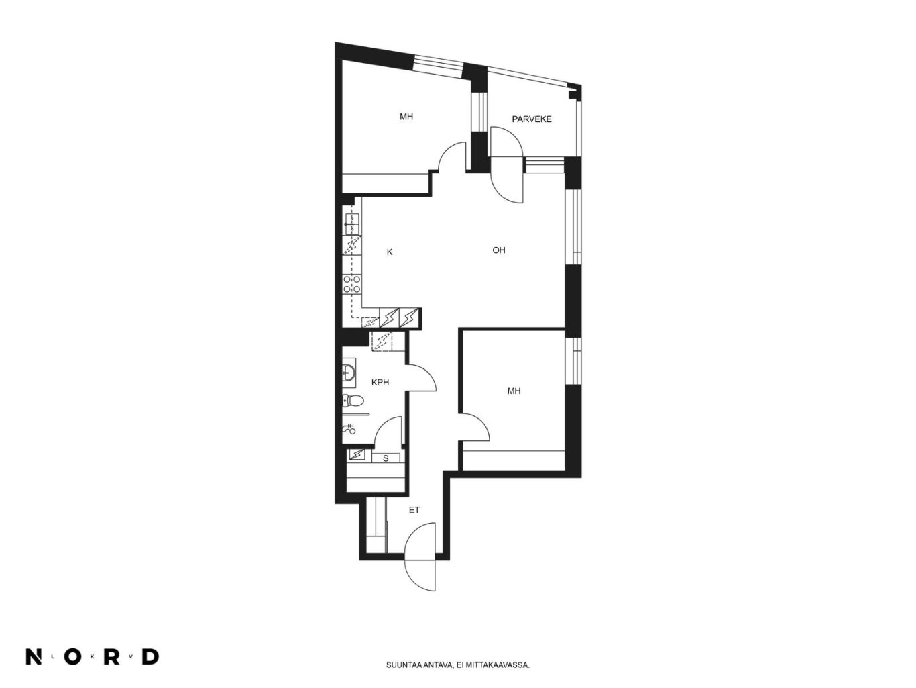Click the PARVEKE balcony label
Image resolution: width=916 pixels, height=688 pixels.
pyautogui.click(x=531, y=119)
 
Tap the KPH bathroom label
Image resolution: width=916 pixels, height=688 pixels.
pyautogui.click(x=380, y=382)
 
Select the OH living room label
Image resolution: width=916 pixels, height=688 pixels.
pyautogui.click(x=499, y=250)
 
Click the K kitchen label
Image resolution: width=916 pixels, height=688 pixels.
pyautogui.click(x=390, y=252)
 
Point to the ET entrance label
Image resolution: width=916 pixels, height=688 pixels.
pyautogui.click(x=414, y=510)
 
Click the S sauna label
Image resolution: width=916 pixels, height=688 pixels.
pyautogui.click(x=386, y=458)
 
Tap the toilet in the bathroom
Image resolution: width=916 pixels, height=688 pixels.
pyautogui.click(x=353, y=401)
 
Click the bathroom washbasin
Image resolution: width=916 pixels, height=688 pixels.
pyautogui.click(x=349, y=370)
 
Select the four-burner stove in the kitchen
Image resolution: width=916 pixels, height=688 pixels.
pyautogui.click(x=352, y=284)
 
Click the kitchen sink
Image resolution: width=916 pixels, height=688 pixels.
pyautogui.click(x=352, y=224)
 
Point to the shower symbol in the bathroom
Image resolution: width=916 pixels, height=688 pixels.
pyautogui.click(x=349, y=428)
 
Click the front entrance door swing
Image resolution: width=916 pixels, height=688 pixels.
pyautogui.click(x=420, y=556)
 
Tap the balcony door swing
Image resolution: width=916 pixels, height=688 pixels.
pyautogui.click(x=506, y=164)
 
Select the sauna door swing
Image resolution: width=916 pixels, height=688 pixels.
pyautogui.click(x=388, y=430)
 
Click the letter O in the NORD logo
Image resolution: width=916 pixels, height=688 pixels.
pyautogui.click(x=72, y=657)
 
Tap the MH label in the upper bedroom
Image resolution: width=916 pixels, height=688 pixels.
pyautogui.click(x=406, y=117)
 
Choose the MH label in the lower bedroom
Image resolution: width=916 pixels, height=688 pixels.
pyautogui.click(x=514, y=391)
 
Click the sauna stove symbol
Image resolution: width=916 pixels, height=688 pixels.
pyautogui.click(x=357, y=454)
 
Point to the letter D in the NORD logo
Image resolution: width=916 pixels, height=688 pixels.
pyautogui.click(x=151, y=657)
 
